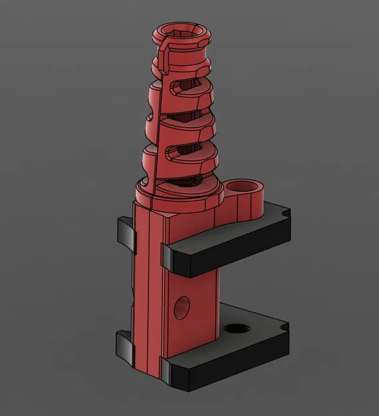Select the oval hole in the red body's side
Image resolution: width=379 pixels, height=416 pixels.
(x=181, y=306)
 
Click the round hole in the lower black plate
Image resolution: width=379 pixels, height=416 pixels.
(x=234, y=329)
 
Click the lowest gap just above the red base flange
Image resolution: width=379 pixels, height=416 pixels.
(x=180, y=179)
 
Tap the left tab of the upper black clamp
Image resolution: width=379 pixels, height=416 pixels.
(x=125, y=233)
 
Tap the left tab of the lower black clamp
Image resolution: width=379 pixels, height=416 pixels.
(x=124, y=343)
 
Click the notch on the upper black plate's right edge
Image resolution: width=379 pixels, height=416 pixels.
(x=286, y=213)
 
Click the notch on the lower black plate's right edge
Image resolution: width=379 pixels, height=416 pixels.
(x=286, y=327)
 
